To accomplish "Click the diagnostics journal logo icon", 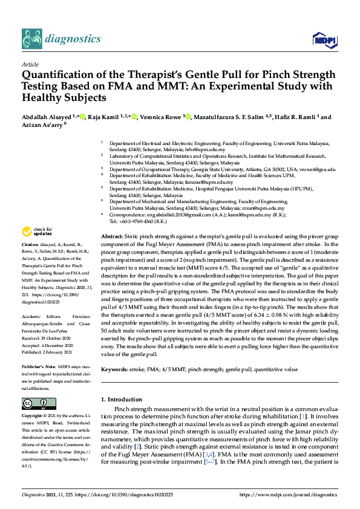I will coord(31,39).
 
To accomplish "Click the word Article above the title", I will coord(30,64).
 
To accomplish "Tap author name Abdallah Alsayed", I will coord(47,117).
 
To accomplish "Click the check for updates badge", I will coord(37,232).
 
